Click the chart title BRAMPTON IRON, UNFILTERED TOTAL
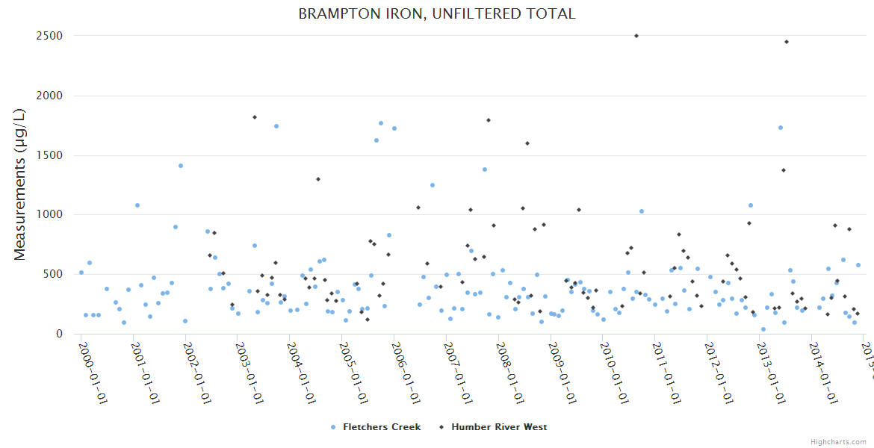pos(437,13)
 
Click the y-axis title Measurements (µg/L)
pos(20,185)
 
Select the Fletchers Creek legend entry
pos(376,427)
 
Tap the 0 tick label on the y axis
pos(58,334)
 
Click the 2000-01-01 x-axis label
pos(93,367)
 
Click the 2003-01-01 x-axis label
pos(250,367)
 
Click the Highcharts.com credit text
pos(838,442)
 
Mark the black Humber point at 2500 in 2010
pos(636,36)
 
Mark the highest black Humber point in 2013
pos(787,42)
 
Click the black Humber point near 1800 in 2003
pos(255,117)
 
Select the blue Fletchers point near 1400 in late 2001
pos(181,166)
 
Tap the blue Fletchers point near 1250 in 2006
pos(432,185)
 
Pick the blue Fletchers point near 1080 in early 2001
pos(137,205)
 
